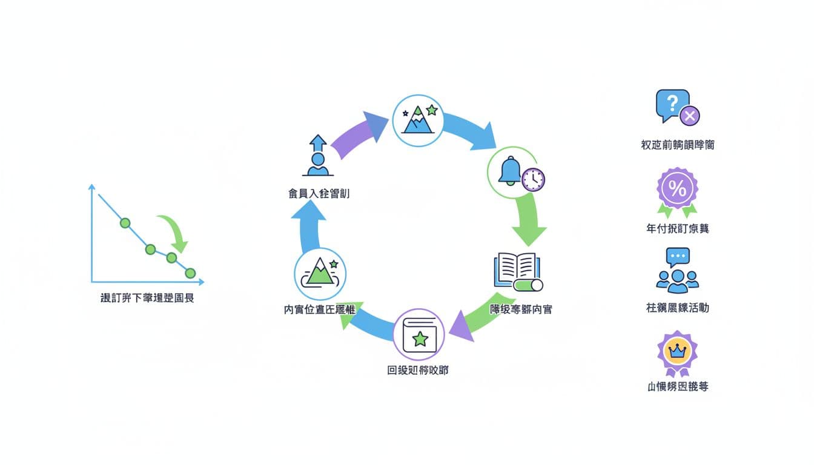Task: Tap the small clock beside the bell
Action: click(x=534, y=179)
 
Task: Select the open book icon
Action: click(x=515, y=269)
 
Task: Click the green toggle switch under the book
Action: click(x=528, y=285)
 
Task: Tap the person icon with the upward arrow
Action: click(x=317, y=156)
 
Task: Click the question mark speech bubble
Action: click(x=672, y=105)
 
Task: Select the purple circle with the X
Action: click(x=689, y=115)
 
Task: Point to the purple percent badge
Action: click(x=678, y=189)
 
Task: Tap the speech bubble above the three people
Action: click(x=678, y=257)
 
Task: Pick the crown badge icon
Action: click(x=677, y=351)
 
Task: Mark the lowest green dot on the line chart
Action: click(x=190, y=273)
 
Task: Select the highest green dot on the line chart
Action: click(x=125, y=223)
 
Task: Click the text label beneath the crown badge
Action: click(x=678, y=386)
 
